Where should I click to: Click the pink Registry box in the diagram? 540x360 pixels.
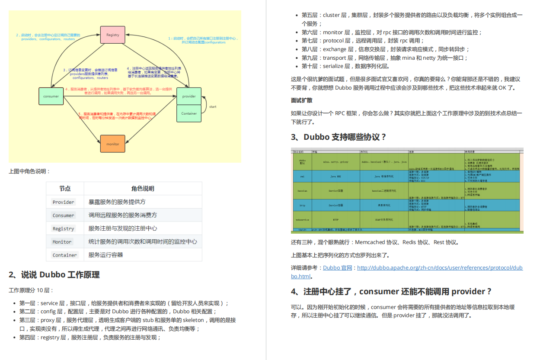(x=113, y=35)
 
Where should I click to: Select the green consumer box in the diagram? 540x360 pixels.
(x=51, y=96)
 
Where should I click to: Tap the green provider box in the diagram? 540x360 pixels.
(x=189, y=96)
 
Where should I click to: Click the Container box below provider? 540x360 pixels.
(x=189, y=113)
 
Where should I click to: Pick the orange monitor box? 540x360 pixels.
(x=113, y=144)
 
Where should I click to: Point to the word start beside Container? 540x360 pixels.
(x=213, y=106)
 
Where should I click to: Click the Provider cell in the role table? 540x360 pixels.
(x=64, y=202)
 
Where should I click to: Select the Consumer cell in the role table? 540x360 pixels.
(x=64, y=215)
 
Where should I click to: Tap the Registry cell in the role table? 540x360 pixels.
(x=64, y=228)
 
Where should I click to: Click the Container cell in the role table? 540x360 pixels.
(x=65, y=255)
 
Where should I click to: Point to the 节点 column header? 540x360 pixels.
(x=65, y=189)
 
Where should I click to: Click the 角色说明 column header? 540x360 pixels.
(x=143, y=189)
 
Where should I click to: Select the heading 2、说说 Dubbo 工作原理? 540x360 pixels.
(x=54, y=275)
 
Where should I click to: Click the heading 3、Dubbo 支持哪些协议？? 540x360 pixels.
(x=339, y=137)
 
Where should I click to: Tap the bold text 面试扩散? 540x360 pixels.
(x=302, y=100)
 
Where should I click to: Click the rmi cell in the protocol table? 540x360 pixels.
(x=303, y=176)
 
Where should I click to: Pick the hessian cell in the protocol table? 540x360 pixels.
(x=303, y=190)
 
